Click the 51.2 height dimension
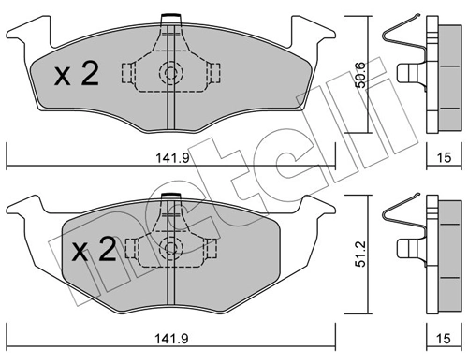click(x=358, y=254)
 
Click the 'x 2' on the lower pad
click(x=94, y=250)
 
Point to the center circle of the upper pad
click(x=170, y=73)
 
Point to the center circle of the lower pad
click(x=170, y=249)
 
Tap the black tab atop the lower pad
click(x=170, y=195)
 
